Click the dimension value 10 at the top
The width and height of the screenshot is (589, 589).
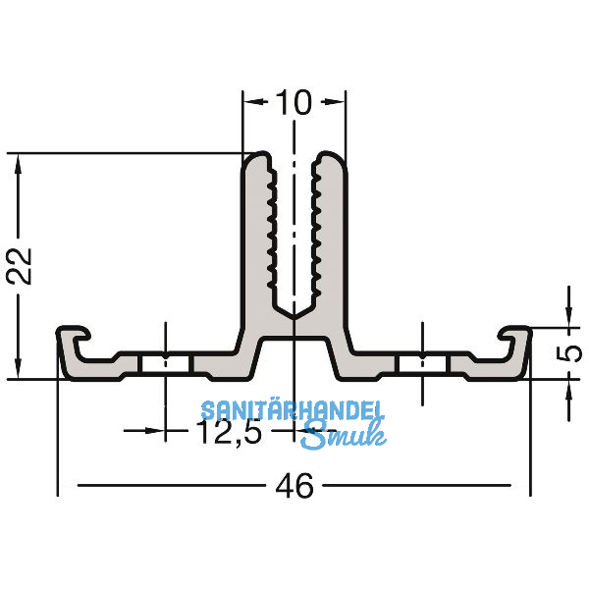pos(294,102)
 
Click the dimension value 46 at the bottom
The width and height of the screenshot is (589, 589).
pos(294,485)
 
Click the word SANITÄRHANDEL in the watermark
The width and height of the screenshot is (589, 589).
pos(294,412)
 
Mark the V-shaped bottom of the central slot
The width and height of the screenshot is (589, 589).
pos(294,312)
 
